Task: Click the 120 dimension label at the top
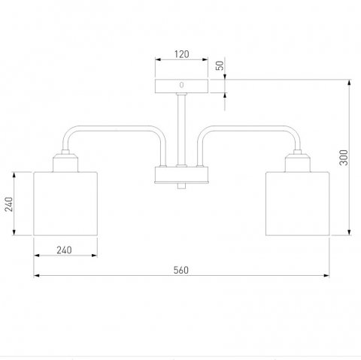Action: tap(182, 54)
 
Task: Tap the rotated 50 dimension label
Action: tap(220, 65)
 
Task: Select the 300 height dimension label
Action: tap(344, 157)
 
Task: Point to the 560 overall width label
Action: tap(181, 270)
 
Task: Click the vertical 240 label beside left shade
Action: tap(9, 204)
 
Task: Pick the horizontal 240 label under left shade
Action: tap(64, 250)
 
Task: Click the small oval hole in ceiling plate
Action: tap(181, 85)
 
